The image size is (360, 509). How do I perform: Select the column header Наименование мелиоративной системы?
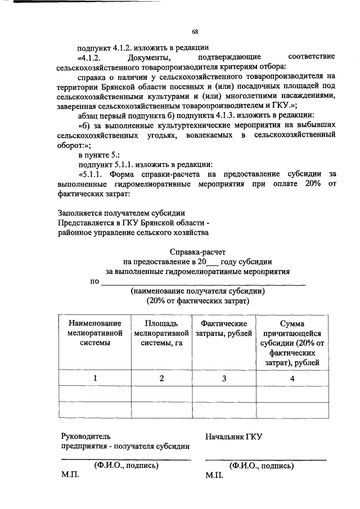(95, 334)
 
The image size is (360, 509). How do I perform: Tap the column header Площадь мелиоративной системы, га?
(162, 334)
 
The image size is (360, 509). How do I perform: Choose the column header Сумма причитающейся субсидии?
(292, 343)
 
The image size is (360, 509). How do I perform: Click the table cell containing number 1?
(95, 379)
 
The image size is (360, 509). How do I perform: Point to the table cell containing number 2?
(162, 379)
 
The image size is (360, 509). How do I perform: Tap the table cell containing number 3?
(223, 379)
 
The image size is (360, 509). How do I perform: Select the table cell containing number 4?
(292, 379)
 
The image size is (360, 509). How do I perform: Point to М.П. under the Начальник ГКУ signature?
(214, 475)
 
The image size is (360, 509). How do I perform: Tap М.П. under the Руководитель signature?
(70, 475)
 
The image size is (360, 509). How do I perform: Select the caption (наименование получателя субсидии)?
(198, 291)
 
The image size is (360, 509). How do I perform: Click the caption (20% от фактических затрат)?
(198, 301)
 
